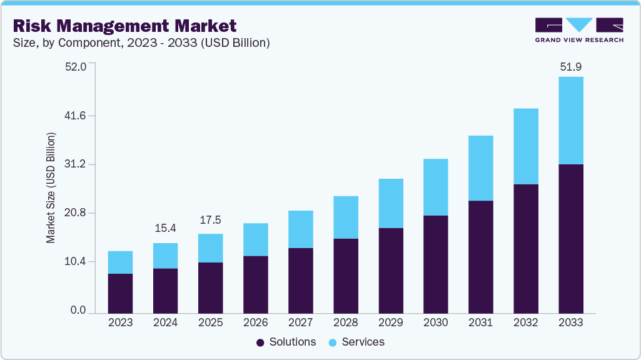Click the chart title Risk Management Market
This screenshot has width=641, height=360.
pyautogui.click(x=125, y=26)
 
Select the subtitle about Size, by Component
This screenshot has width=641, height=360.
pyautogui.click(x=141, y=43)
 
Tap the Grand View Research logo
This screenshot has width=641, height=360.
pyautogui.click(x=579, y=30)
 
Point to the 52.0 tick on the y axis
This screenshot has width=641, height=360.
pyautogui.click(x=75, y=66)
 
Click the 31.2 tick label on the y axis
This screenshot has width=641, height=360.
pyautogui.click(x=75, y=164)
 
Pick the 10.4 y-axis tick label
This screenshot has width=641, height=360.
pyautogui.click(x=75, y=262)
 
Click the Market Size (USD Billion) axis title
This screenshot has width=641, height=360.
pyautogui.click(x=51, y=188)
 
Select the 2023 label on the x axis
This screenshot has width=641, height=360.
pyautogui.click(x=120, y=322)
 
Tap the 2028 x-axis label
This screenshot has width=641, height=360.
pyautogui.click(x=345, y=322)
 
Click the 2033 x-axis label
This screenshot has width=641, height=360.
pyautogui.click(x=570, y=322)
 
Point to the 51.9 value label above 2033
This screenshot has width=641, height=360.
pyautogui.click(x=570, y=67)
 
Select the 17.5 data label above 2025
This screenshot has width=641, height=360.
pyautogui.click(x=210, y=220)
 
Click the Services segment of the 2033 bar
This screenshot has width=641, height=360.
pyautogui.click(x=570, y=121)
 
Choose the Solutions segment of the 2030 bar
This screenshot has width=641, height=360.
pyautogui.click(x=435, y=264)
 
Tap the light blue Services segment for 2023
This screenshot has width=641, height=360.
pyautogui.click(x=120, y=262)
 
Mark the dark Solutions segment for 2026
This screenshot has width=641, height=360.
pyautogui.click(x=255, y=284)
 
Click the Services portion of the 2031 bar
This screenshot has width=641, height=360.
pyautogui.click(x=480, y=168)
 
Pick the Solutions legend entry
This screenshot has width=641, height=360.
pyautogui.click(x=286, y=342)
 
